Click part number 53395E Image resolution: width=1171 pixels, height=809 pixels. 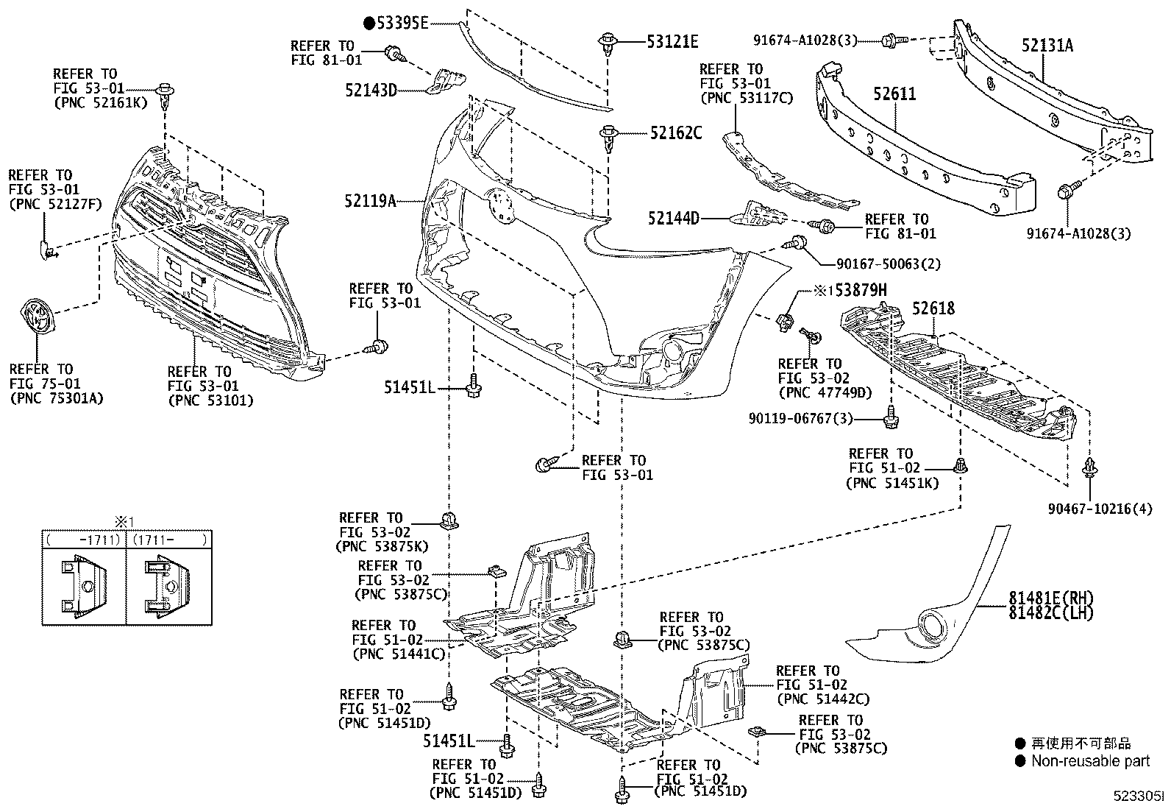click(x=402, y=23)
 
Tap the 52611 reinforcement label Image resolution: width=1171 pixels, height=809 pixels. click(x=895, y=94)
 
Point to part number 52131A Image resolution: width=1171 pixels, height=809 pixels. click(x=1047, y=46)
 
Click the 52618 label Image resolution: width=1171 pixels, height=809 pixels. click(x=933, y=308)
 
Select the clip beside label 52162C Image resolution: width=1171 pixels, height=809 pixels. click(x=608, y=137)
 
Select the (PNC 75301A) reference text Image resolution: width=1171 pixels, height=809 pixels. click(x=56, y=398)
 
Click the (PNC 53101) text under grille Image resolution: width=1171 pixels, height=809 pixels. click(x=210, y=401)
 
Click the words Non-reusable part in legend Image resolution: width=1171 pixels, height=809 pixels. click(x=1090, y=761)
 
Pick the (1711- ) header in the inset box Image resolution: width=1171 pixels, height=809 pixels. click(x=169, y=540)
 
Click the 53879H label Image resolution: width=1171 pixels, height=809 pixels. click(x=860, y=291)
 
